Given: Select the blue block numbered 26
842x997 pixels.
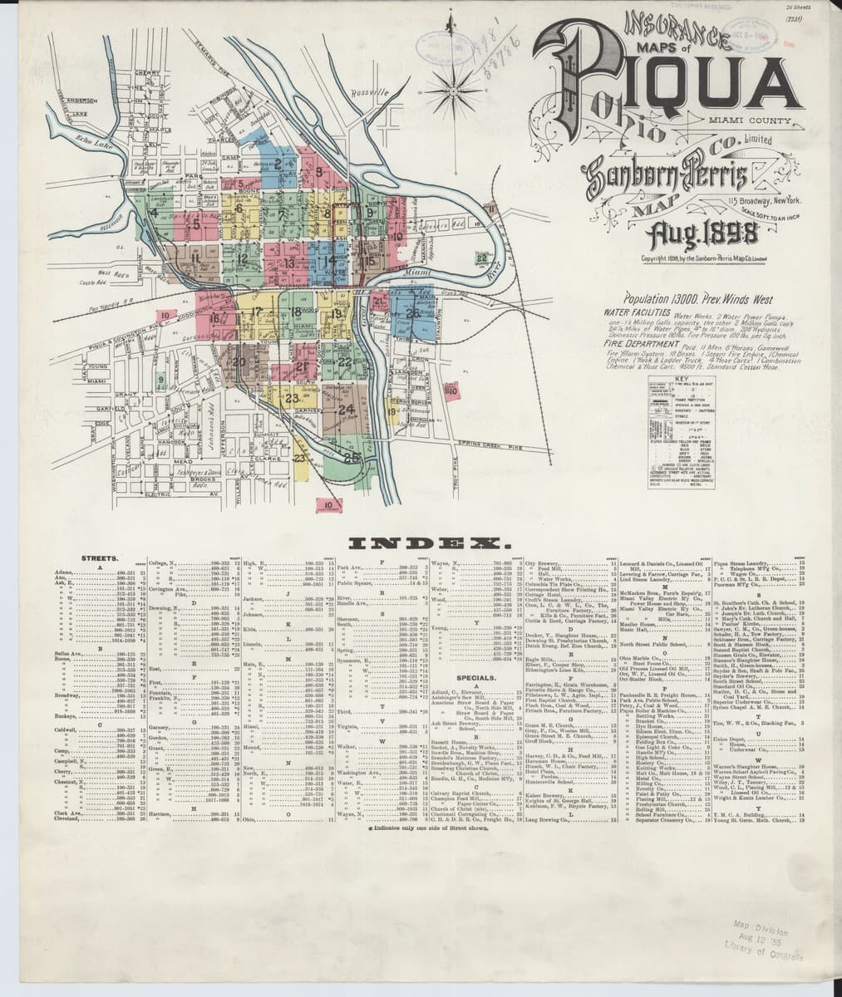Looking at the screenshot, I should click(x=413, y=313).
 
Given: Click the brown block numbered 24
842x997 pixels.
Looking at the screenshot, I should click(x=347, y=409).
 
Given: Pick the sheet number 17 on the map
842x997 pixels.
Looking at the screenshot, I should click(x=257, y=313).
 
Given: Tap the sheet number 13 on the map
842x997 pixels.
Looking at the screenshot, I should click(x=289, y=263).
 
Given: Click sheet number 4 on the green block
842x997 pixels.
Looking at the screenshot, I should click(x=155, y=211).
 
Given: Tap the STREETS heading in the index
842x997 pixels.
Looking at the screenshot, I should click(x=98, y=558).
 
